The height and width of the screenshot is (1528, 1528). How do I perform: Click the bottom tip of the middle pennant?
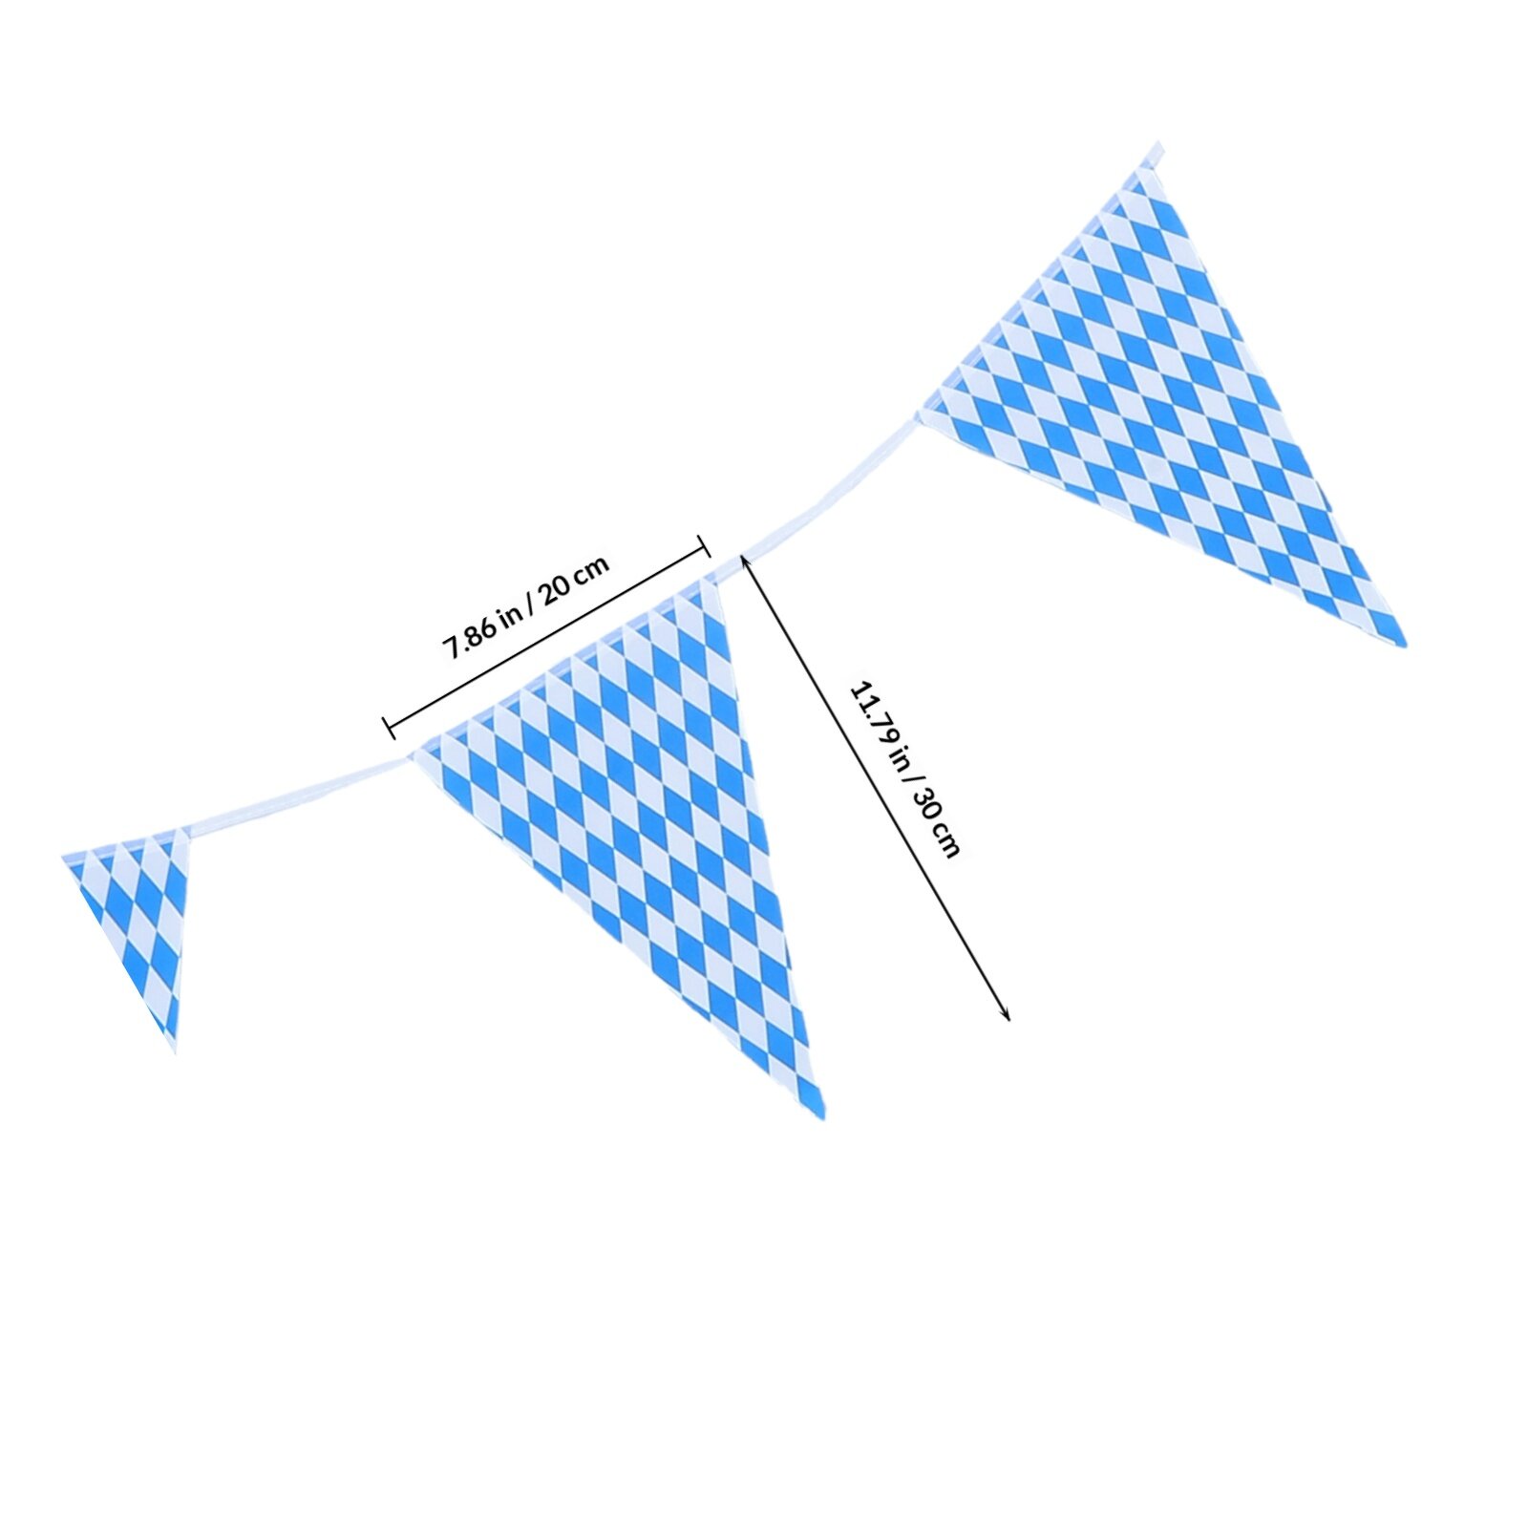coord(820,1115)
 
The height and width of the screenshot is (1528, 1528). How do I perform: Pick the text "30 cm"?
coord(936,825)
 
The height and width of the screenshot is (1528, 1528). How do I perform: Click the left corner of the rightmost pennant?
coord(921,414)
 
